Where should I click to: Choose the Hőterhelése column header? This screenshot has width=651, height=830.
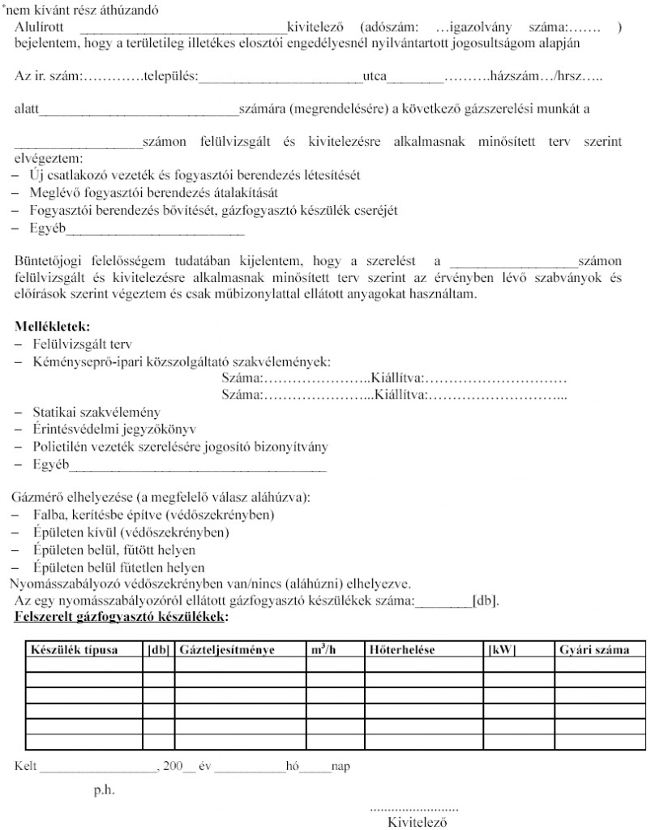coord(402,649)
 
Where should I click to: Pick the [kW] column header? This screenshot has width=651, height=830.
coord(503,649)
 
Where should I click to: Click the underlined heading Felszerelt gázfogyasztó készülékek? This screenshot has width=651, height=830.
coord(121,617)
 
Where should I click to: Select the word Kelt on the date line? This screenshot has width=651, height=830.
coord(27,764)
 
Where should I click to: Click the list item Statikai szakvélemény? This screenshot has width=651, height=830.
coord(96,412)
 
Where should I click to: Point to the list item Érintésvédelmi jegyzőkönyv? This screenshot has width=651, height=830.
coord(113,429)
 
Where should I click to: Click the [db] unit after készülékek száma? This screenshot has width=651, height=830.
coord(486,601)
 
